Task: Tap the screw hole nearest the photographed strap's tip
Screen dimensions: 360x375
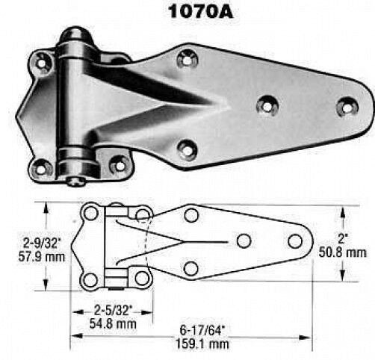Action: coord(344,107)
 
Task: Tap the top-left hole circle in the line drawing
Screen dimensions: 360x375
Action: coord(90,214)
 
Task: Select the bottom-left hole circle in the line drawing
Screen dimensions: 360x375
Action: coord(90,280)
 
